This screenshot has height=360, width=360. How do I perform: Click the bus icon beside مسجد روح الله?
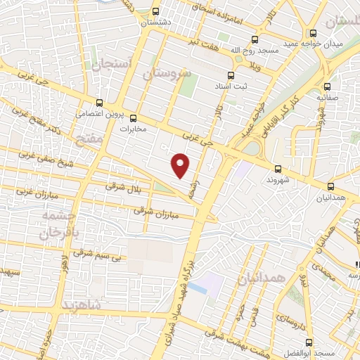coord(254,40)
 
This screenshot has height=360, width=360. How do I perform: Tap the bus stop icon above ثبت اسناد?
coord(231,74)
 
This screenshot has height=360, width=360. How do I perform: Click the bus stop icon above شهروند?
coord(278,168)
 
